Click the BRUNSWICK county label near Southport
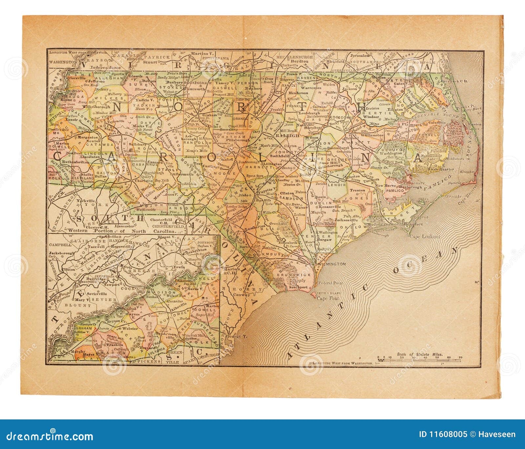point(287,274)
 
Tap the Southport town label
point(298,287)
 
